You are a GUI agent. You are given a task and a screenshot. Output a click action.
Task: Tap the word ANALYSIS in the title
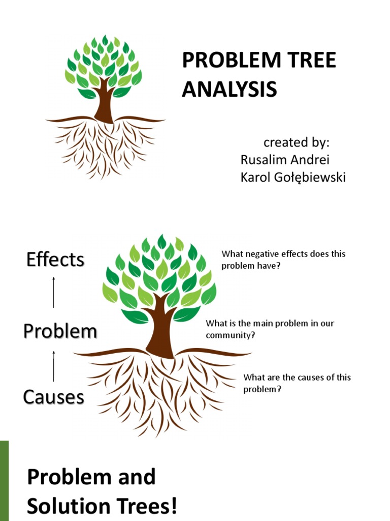(x=230, y=89)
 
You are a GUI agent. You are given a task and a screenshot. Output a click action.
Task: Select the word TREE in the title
(x=313, y=61)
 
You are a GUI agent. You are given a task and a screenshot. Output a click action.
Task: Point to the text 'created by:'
(x=297, y=142)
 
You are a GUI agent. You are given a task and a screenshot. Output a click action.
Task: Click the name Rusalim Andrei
(x=285, y=160)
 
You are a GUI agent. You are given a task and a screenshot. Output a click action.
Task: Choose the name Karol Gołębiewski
(x=293, y=178)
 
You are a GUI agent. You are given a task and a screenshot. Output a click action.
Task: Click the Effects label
(x=55, y=259)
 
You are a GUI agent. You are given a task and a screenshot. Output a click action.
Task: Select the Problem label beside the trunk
(x=60, y=331)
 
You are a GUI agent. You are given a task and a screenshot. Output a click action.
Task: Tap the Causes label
(x=54, y=396)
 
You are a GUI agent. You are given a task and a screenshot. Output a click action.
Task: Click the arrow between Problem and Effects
(x=54, y=292)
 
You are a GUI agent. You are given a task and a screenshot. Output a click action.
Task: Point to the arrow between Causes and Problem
(x=54, y=366)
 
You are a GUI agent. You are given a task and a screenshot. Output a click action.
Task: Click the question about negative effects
(x=283, y=259)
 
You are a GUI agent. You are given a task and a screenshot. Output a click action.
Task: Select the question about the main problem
(x=270, y=329)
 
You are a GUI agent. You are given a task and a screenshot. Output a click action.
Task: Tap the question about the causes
(x=297, y=383)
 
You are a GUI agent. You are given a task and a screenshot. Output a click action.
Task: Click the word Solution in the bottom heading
(x=66, y=506)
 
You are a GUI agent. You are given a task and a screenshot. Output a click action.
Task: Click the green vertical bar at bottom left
(x=4, y=480)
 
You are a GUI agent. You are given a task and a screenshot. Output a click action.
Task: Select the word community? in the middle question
(x=230, y=335)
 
